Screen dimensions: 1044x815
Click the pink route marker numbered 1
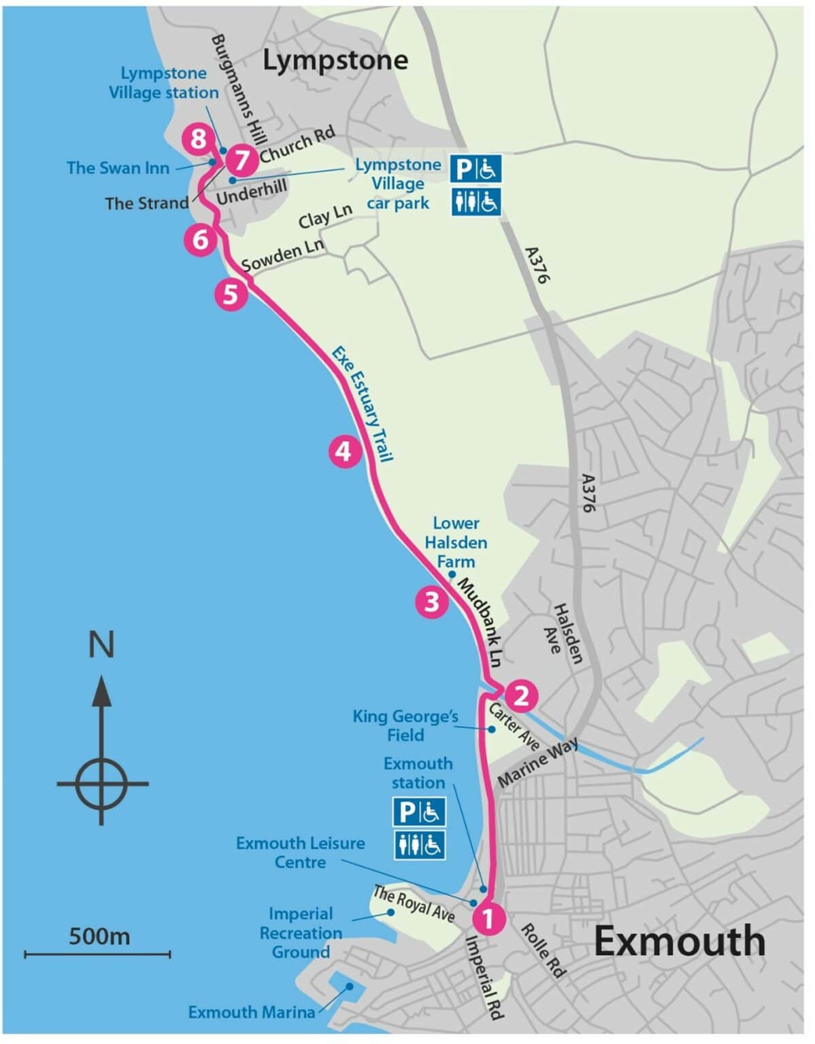click(x=488, y=918)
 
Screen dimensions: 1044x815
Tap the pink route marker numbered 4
click(x=344, y=451)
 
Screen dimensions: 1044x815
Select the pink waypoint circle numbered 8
click(x=198, y=139)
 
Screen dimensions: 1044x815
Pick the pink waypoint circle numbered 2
click(x=521, y=695)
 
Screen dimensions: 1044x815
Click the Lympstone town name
click(x=335, y=60)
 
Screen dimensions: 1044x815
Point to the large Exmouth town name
click(x=680, y=941)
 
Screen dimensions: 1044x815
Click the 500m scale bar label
click(x=99, y=936)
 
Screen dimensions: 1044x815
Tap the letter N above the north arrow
click(x=101, y=644)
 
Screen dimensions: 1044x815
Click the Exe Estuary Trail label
click(x=362, y=404)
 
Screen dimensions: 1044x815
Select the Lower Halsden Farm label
click(x=456, y=542)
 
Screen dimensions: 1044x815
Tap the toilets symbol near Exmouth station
click(x=419, y=845)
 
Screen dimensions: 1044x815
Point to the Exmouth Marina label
click(x=251, y=1012)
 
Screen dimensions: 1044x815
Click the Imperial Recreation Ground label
click(x=300, y=933)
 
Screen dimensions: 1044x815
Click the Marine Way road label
click(x=538, y=763)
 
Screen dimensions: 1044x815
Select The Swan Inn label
click(x=118, y=168)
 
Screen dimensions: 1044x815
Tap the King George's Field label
click(x=405, y=725)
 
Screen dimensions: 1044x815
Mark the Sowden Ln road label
click(x=282, y=255)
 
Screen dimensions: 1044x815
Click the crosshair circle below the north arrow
click(x=101, y=783)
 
